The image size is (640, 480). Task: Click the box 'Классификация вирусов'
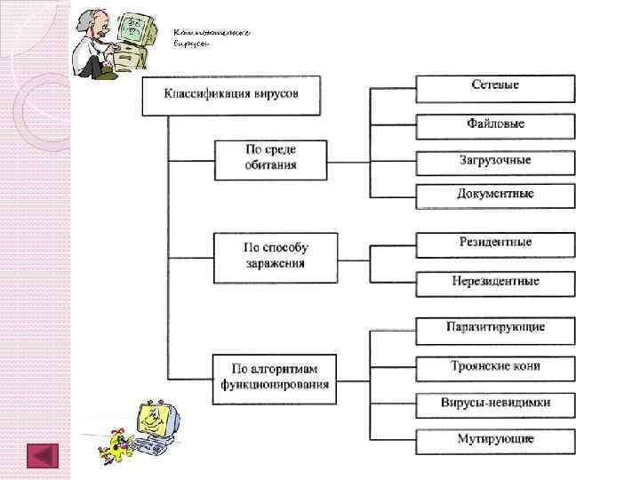point(231,95)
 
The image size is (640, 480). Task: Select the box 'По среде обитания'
point(271,159)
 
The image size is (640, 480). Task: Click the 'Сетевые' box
point(495,88)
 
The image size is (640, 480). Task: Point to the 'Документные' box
point(495,195)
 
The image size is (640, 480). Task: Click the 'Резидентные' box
point(495,244)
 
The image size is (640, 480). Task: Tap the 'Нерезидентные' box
point(495,283)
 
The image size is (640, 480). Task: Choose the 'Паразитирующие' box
point(495,330)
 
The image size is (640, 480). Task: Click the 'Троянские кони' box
point(495,367)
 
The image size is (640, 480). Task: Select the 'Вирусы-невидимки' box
point(495,404)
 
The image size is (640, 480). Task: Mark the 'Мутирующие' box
point(495,440)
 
